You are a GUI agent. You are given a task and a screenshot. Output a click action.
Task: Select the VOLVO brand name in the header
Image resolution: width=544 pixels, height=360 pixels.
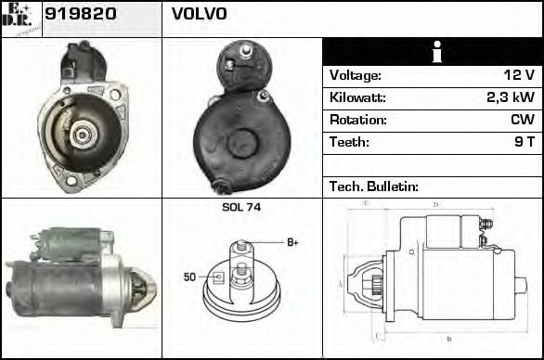(x=199, y=14)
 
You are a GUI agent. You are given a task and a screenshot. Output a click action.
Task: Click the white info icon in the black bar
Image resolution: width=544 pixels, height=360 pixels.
(x=432, y=52)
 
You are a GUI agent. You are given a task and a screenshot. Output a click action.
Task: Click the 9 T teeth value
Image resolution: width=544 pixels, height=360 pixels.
(x=523, y=142)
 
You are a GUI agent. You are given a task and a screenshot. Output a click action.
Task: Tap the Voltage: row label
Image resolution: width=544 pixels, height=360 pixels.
(x=356, y=75)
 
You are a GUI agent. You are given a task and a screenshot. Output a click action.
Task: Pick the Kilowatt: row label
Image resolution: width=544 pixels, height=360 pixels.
(x=357, y=97)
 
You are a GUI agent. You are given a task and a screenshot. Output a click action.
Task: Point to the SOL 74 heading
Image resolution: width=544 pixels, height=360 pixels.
(x=241, y=207)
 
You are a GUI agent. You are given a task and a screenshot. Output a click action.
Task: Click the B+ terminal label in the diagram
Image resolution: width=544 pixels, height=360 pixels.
(x=292, y=242)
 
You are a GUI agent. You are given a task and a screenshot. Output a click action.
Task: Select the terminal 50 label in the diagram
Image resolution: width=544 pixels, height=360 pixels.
(x=189, y=277)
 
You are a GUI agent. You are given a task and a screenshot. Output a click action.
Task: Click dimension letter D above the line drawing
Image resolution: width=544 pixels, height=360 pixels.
(x=435, y=203)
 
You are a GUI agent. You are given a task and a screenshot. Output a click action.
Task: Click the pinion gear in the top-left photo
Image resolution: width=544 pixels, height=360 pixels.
(x=81, y=135)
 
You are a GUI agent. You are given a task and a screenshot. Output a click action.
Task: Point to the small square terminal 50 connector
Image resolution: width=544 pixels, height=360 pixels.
(x=217, y=276)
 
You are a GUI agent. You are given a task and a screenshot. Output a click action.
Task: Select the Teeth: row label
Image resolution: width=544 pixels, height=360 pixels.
(x=349, y=142)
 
